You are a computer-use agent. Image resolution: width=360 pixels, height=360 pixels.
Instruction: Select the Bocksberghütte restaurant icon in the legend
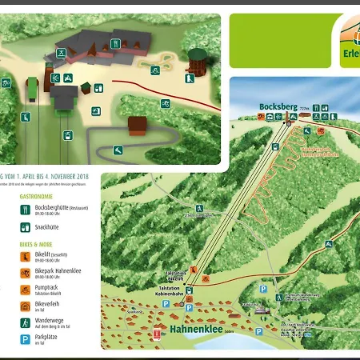click(x=26, y=210)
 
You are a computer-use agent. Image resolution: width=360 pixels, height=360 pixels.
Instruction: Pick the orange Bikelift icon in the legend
click(x=26, y=257)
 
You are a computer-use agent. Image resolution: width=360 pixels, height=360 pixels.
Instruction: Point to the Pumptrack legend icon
click(x=26, y=288)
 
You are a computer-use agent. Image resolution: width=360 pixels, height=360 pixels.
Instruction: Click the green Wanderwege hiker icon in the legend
click(x=26, y=320)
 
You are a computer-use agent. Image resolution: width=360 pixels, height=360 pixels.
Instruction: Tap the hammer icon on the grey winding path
click(x=118, y=149)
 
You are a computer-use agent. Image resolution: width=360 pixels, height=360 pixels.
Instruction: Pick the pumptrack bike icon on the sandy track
click(x=165, y=103)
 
